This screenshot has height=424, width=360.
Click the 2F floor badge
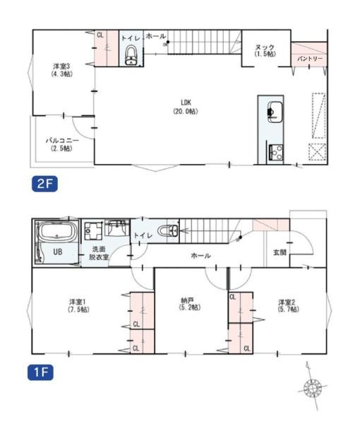[x=44, y=185]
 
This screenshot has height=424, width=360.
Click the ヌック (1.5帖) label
[x=265, y=50]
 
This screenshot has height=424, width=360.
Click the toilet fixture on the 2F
[x=131, y=57]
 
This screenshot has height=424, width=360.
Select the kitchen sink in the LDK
[x=275, y=112]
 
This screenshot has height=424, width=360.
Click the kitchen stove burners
[x=274, y=151]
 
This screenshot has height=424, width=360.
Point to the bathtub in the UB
[x=56, y=232]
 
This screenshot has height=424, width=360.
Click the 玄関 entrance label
[x=280, y=252]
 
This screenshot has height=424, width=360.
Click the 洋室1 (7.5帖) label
[x=78, y=305]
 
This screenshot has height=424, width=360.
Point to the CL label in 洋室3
[x=100, y=34]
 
